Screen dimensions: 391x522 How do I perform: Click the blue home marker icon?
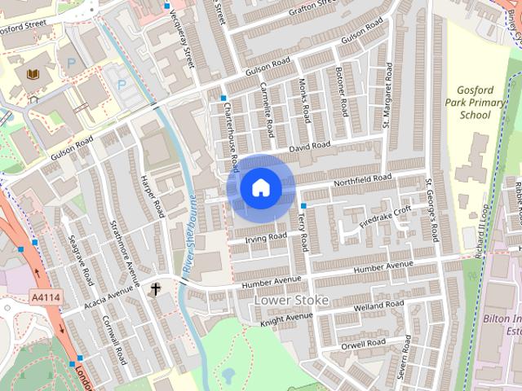(260, 188)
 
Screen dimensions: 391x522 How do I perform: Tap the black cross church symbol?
(155, 288)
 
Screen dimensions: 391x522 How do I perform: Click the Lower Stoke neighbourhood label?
(292, 300)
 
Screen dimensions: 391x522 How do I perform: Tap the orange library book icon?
(32, 75)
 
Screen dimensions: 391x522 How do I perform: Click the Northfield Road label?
(362, 178)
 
